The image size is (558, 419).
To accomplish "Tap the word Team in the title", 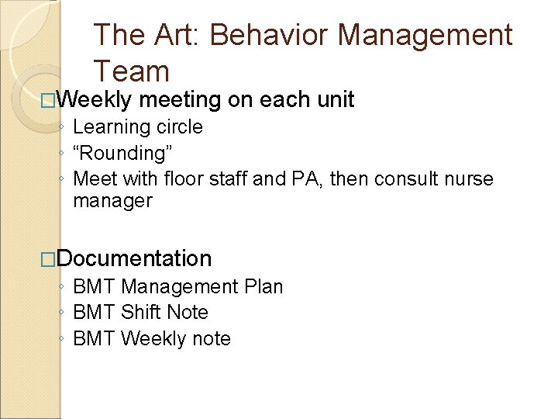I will [131, 71].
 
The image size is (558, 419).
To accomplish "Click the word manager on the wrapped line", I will [113, 202].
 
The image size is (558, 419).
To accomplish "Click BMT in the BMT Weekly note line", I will [94, 339].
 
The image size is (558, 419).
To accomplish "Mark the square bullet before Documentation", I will [50, 259].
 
